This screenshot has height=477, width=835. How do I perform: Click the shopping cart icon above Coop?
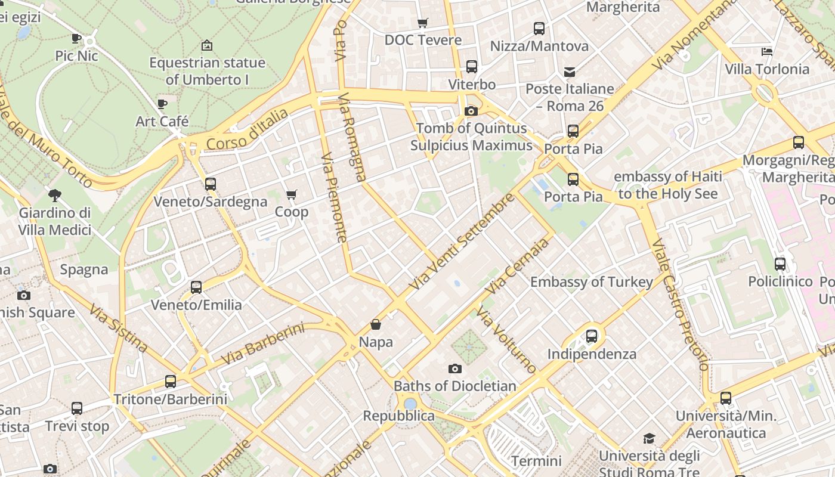(x=292, y=195)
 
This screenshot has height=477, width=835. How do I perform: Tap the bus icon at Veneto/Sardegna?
(x=210, y=184)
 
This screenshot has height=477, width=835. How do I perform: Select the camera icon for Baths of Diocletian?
(x=455, y=369)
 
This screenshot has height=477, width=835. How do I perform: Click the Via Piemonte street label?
(x=334, y=197)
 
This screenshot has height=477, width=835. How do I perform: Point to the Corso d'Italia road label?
(x=247, y=129)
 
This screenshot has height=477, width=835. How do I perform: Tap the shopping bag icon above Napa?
(x=376, y=325)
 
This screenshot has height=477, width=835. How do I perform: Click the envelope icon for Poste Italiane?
(x=570, y=72)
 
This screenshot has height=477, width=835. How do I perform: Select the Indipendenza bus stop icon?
(x=591, y=336)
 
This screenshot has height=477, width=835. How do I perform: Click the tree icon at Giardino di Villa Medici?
(x=55, y=195)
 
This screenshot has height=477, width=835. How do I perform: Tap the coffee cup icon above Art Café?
(x=162, y=104)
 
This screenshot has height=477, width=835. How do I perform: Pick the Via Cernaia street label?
(x=517, y=266)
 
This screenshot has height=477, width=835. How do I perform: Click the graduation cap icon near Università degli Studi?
(x=649, y=439)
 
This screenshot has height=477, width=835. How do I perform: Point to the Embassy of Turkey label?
(x=592, y=282)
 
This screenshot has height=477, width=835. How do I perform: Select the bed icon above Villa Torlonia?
(x=767, y=52)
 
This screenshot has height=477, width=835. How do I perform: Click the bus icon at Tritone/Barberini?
(x=171, y=382)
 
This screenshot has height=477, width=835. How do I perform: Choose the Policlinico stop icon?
(x=780, y=264)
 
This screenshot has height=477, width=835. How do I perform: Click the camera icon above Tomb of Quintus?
(x=471, y=111)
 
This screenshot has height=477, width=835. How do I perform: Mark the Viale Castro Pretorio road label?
(x=679, y=304)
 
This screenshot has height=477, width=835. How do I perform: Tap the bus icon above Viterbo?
(x=472, y=67)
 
